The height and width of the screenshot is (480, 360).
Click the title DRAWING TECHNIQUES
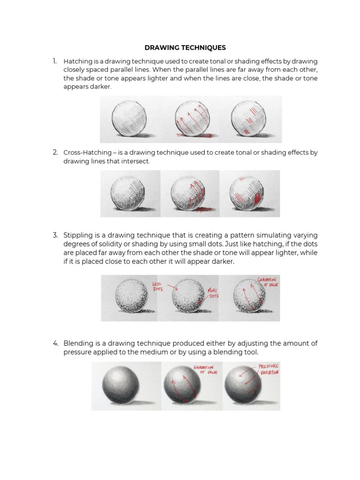pyautogui.click(x=185, y=47)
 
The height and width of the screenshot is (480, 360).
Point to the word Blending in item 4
pyautogui.click(x=77, y=344)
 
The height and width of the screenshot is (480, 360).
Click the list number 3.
pyautogui.click(x=55, y=235)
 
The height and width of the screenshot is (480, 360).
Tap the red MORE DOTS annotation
pyautogui.click(x=213, y=293)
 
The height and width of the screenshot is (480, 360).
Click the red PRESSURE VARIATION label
pyautogui.click(x=269, y=369)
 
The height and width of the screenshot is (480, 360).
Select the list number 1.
pyautogui.click(x=55, y=61)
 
